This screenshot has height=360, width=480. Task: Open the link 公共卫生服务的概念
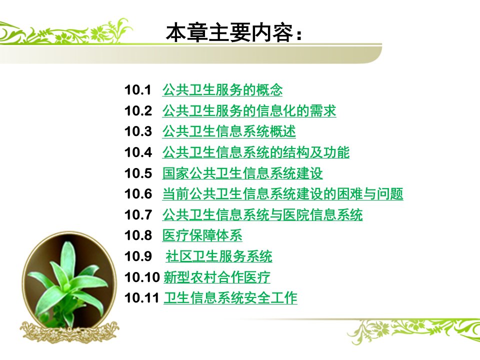point(222,90)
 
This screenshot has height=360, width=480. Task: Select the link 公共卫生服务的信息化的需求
point(249,111)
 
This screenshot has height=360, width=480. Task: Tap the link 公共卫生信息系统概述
point(229,131)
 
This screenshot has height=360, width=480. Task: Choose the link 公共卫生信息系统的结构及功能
point(256,152)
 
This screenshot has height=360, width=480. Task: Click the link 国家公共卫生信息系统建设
point(242,173)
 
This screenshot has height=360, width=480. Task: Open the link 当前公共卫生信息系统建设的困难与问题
point(283,194)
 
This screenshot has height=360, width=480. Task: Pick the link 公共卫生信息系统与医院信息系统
point(262,214)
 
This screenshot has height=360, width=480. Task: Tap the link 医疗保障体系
point(202,235)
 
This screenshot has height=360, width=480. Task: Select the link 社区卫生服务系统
point(219,256)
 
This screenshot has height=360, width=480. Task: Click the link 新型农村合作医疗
point(216,277)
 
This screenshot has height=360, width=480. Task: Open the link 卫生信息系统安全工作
point(230,298)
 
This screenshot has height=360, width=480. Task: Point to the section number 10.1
point(138,90)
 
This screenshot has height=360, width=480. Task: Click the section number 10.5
point(138,173)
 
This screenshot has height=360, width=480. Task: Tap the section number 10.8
point(138,235)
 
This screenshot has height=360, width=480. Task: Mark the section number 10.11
point(141,298)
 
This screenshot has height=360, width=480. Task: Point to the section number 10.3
point(138,131)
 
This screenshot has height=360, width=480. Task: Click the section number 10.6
point(138,194)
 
